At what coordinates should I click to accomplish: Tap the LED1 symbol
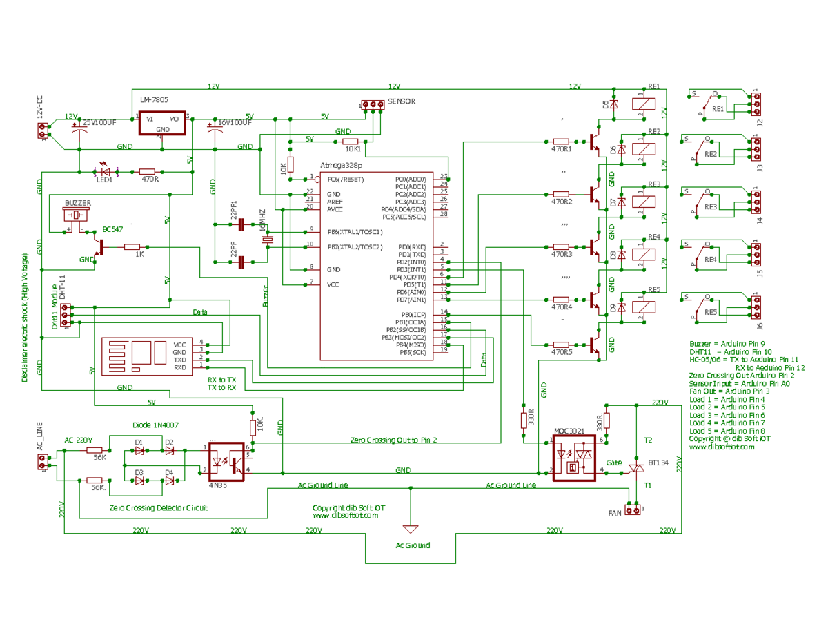(105, 171)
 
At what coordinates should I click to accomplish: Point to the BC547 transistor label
(112, 229)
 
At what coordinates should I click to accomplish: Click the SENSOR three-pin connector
(373, 106)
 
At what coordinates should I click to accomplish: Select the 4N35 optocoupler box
(226, 461)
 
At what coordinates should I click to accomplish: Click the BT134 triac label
(658, 462)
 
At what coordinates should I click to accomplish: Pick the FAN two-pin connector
(633, 510)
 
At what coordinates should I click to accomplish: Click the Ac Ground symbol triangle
(411, 530)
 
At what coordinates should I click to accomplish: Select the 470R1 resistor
(561, 140)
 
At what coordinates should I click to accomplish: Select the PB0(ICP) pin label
(414, 314)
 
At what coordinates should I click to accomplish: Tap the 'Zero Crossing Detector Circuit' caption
(158, 507)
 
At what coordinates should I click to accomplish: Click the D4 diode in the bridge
(169, 480)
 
